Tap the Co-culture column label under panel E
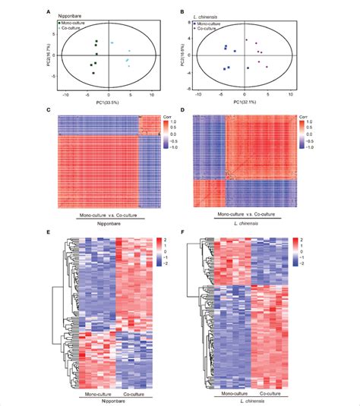[x=131, y=389]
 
